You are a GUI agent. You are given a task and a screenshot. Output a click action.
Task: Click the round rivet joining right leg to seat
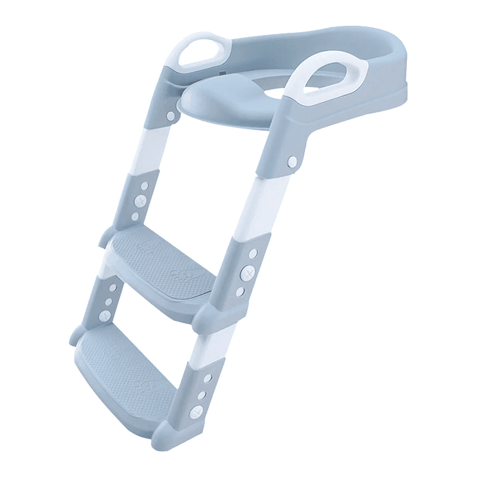[292, 162]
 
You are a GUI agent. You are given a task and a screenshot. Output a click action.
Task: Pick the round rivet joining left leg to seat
[171, 115]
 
